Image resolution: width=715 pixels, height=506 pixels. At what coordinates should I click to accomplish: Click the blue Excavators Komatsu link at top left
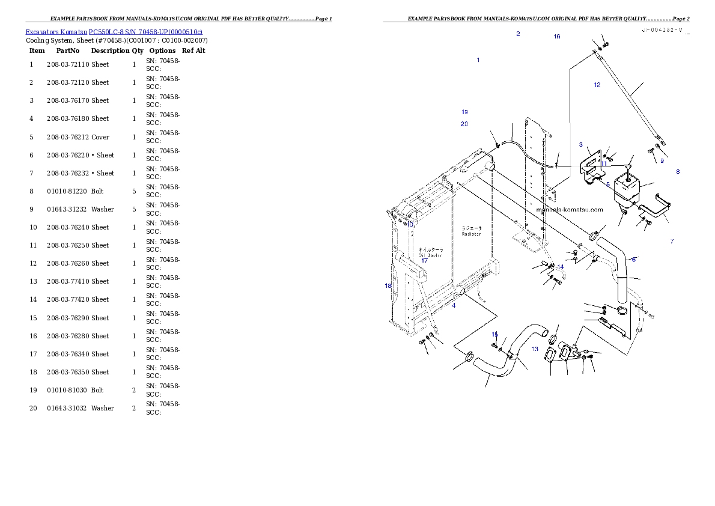114,31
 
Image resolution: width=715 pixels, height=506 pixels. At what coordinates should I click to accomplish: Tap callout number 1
478,60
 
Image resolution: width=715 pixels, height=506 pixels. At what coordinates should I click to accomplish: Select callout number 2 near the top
518,34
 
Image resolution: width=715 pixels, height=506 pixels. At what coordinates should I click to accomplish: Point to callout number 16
557,37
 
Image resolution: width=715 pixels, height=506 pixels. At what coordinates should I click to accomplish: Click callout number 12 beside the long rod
597,85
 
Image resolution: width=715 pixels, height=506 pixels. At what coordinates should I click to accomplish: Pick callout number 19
464,112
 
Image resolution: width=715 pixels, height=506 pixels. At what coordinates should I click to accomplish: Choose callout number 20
464,124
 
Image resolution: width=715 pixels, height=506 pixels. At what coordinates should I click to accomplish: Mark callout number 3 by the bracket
581,145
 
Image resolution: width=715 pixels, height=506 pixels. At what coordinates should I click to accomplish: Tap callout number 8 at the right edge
678,172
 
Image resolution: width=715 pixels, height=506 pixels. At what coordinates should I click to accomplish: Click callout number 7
672,242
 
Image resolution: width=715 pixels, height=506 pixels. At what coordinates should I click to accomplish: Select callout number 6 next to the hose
634,260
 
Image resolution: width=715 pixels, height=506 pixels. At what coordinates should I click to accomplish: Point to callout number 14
561,267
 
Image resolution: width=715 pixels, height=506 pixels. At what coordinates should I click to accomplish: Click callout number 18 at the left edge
388,286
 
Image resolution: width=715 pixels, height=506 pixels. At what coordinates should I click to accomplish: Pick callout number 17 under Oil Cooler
424,261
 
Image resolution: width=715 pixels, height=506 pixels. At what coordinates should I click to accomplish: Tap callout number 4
454,306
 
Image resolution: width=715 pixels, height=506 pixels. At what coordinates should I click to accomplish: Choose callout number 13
535,349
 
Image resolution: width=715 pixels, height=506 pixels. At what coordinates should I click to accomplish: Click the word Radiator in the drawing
472,234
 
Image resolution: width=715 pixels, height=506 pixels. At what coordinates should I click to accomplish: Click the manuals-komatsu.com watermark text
569,210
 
